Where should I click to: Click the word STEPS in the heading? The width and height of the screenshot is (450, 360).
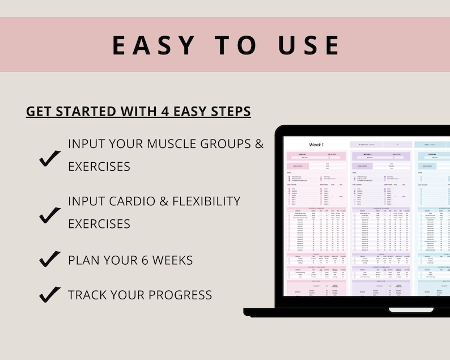[230, 111]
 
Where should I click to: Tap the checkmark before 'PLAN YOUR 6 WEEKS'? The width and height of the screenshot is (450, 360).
[50, 259]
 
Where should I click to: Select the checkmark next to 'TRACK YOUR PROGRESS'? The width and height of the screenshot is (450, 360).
[50, 294]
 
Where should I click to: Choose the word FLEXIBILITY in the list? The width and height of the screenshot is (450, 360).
[198, 201]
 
